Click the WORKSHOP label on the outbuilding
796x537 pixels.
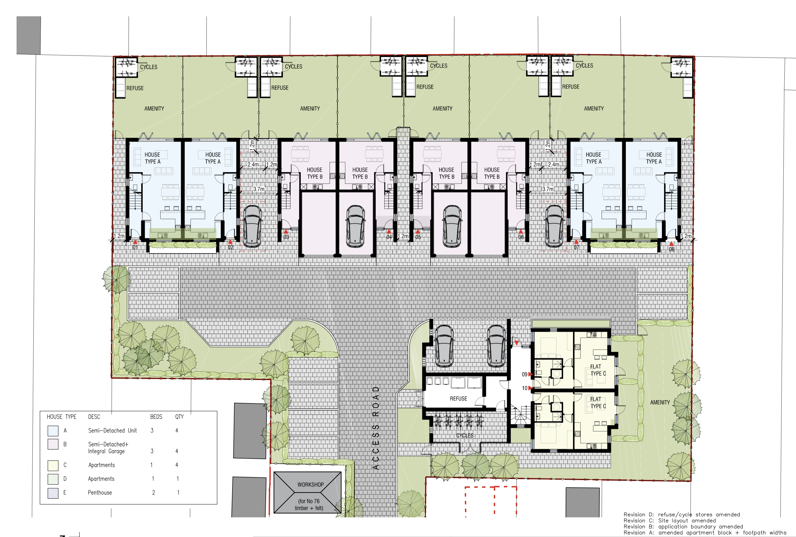(310, 485)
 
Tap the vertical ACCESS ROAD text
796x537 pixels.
(376, 428)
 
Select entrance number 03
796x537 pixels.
(286, 237)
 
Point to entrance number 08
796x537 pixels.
(672, 249)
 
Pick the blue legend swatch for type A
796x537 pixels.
(53, 431)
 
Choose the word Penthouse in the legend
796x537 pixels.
(100, 492)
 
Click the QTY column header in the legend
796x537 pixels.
(179, 417)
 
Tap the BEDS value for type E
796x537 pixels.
(153, 492)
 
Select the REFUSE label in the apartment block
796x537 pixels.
(458, 399)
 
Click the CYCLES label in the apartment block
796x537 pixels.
(465, 435)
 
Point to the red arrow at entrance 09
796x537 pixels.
(530, 374)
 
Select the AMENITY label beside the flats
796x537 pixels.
(660, 403)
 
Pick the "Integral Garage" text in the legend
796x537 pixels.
(106, 451)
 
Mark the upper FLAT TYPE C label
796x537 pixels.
(598, 370)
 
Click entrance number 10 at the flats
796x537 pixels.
(524, 388)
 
